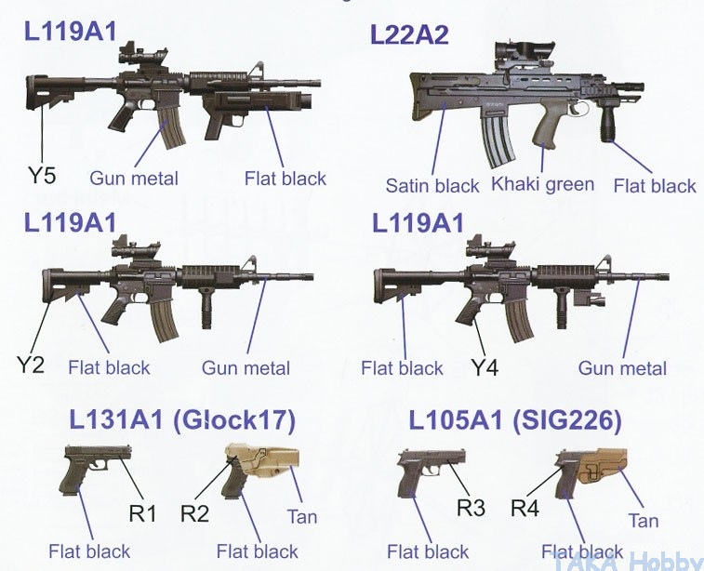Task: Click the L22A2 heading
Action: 409,35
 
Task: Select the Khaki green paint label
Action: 543,183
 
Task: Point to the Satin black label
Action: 432,185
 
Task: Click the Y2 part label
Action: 31,364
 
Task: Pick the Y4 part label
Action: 485,368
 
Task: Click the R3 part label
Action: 472,509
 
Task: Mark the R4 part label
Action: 527,509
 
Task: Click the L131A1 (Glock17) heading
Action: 180,421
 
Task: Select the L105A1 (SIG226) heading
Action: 514,421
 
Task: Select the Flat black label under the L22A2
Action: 655,185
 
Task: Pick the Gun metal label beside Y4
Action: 622,368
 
